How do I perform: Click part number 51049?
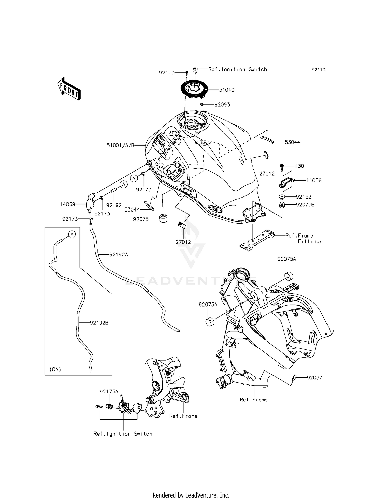click(226, 90)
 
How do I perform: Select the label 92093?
click(222, 105)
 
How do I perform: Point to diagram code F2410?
click(318, 70)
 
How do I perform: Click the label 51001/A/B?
click(120, 146)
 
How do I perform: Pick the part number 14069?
click(67, 204)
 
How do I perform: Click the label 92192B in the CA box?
click(99, 323)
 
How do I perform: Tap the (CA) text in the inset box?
click(55, 369)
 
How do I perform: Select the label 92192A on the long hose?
click(118, 254)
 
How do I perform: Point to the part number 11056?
click(313, 181)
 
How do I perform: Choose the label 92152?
click(304, 197)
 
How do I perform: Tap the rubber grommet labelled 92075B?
click(281, 205)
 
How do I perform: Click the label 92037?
click(314, 378)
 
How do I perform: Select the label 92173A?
click(109, 392)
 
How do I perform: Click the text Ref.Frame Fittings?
click(304, 239)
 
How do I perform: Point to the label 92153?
click(167, 73)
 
